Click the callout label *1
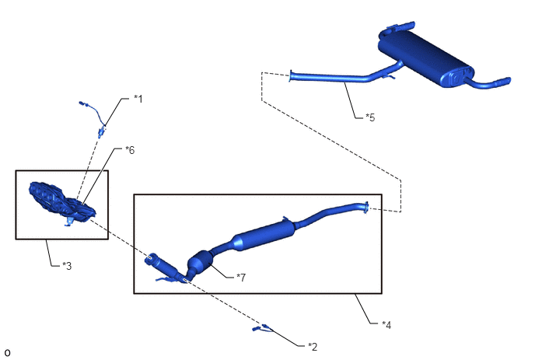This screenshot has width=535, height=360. click(138, 99)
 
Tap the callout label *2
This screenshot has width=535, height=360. click(313, 347)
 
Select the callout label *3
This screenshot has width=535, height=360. click(67, 266)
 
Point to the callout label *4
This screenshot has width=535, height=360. click(386, 325)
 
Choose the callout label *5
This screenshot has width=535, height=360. click(370, 117)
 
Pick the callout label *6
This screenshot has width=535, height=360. click(130, 150)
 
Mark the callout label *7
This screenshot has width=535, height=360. click(241, 278)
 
